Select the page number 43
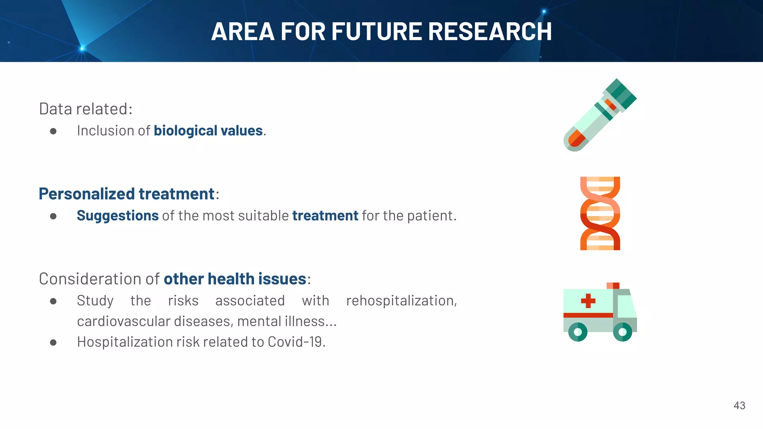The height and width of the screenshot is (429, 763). pos(739,406)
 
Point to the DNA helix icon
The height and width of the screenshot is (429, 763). pos(600,213)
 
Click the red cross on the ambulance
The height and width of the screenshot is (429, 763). pos(588,301)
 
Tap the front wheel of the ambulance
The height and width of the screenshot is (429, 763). pos(622,331)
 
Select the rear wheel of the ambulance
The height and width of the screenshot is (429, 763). pos(578,331)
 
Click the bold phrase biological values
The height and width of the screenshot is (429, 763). pos(208,131)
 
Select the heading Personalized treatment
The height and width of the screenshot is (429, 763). pos(127,194)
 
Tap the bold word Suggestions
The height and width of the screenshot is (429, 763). pos(117,216)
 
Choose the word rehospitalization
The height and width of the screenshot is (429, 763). pos(401,301)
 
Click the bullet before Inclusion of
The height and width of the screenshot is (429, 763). pos(53,131)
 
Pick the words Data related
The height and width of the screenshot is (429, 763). pos(85,109)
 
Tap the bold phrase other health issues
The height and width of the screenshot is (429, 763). pos(235,279)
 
